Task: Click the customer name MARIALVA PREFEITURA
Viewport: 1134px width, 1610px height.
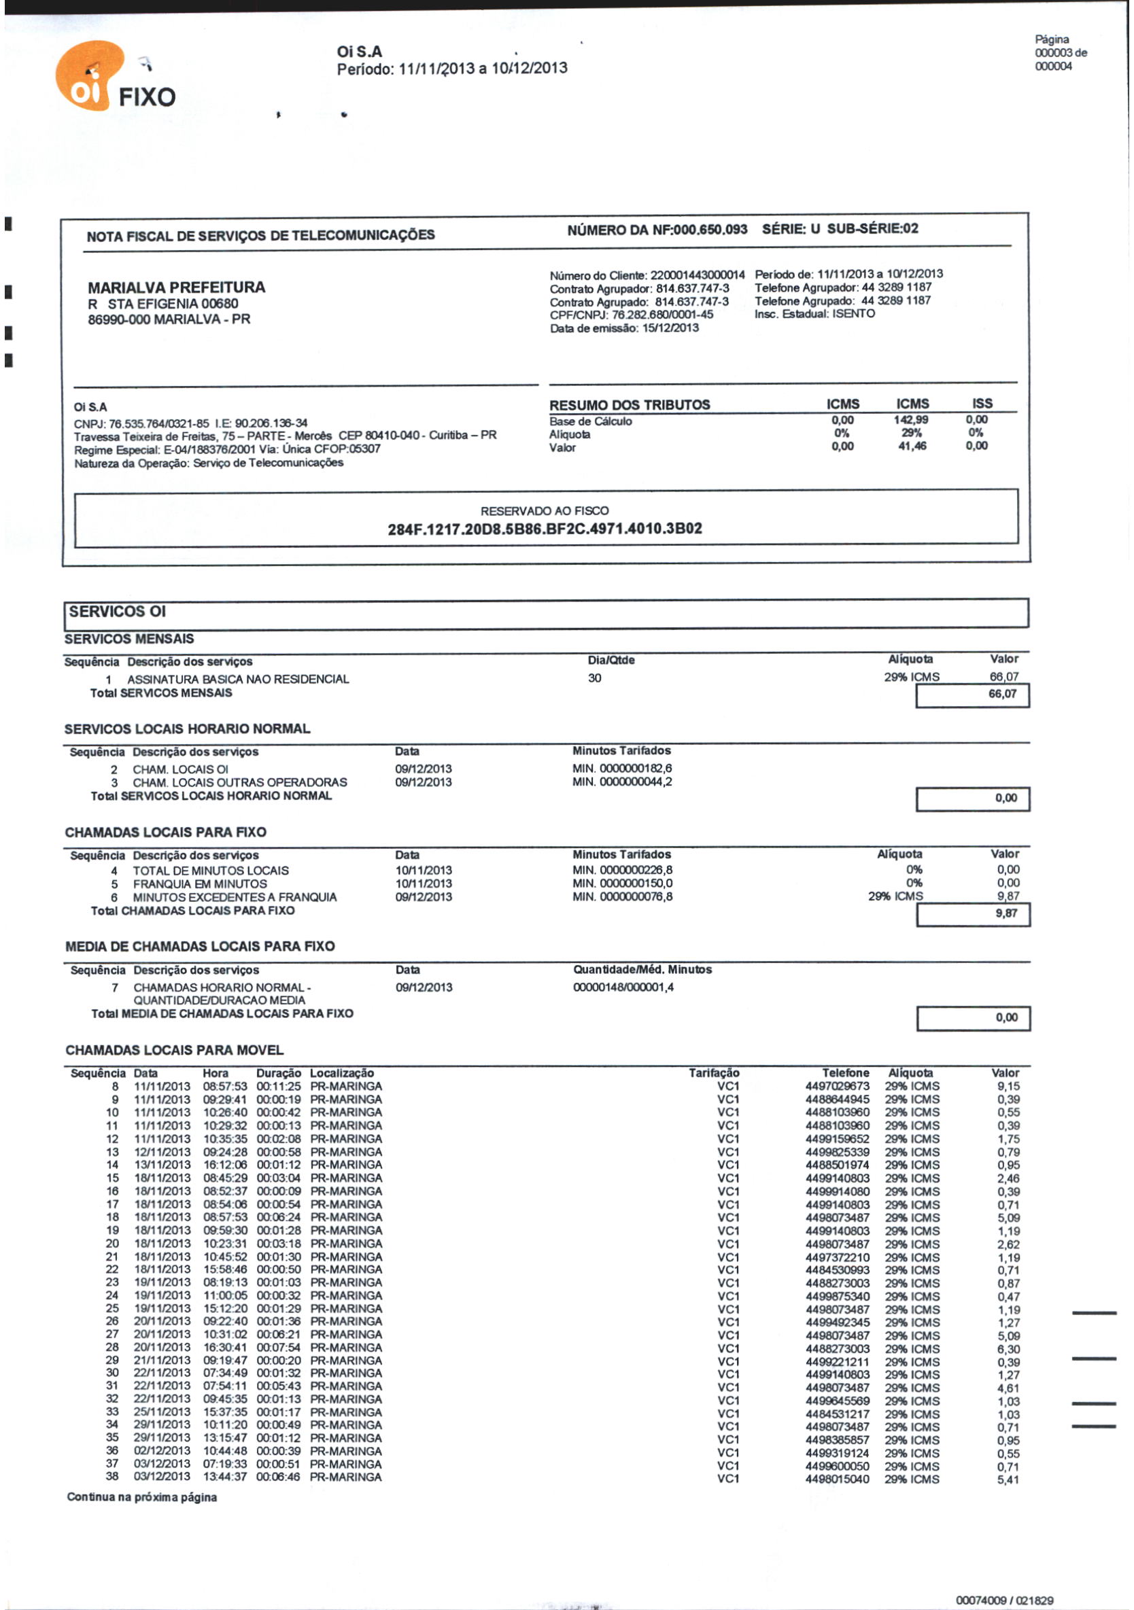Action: click(x=176, y=287)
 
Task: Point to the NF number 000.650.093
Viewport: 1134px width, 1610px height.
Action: click(x=710, y=229)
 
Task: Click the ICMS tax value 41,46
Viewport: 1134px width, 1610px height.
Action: click(x=912, y=446)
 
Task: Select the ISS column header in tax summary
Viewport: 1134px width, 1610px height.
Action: click(x=982, y=403)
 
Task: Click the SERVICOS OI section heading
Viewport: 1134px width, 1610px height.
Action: click(x=117, y=612)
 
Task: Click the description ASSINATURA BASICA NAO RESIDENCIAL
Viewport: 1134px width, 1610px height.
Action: click(x=238, y=679)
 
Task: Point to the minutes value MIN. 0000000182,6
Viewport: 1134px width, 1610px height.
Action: click(x=621, y=769)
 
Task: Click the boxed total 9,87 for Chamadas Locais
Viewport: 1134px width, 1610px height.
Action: click(x=1006, y=913)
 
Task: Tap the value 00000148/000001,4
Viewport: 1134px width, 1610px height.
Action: click(x=623, y=987)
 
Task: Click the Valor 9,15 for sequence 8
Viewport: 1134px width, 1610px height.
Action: click(x=1008, y=1086)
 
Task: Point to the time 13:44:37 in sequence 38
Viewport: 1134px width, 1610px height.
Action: click(x=224, y=1477)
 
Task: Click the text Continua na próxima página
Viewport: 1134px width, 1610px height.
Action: click(x=141, y=1497)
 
